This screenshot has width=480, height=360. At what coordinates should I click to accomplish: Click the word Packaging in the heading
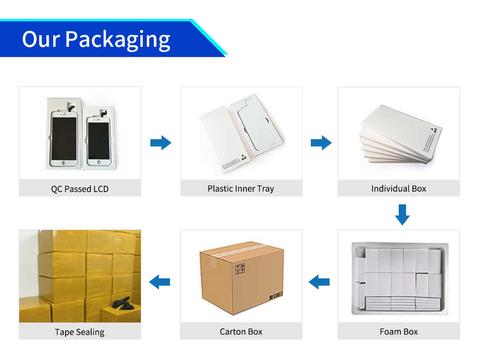(x=118, y=40)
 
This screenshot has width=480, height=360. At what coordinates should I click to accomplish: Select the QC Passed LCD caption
(x=80, y=189)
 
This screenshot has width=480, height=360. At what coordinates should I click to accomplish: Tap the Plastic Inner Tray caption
(x=241, y=188)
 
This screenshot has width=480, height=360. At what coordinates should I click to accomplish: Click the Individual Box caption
(x=398, y=188)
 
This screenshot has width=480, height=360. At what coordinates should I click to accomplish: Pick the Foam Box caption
(x=398, y=332)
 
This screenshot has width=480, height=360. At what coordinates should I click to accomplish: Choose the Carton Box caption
(x=241, y=332)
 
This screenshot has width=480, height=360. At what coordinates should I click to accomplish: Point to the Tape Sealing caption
(x=80, y=332)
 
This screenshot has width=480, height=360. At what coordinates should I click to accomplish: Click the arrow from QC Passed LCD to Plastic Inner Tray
(x=161, y=143)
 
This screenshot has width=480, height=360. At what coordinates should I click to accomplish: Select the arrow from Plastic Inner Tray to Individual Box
(x=321, y=143)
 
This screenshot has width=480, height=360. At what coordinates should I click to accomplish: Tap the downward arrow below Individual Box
(x=402, y=214)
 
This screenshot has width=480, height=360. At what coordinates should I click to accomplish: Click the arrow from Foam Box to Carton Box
(x=319, y=282)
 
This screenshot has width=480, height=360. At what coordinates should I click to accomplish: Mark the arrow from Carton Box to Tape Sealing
(x=160, y=282)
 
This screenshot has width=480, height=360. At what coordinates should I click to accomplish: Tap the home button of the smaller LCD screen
(x=98, y=162)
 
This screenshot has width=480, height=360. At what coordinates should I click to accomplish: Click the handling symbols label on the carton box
(x=240, y=269)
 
